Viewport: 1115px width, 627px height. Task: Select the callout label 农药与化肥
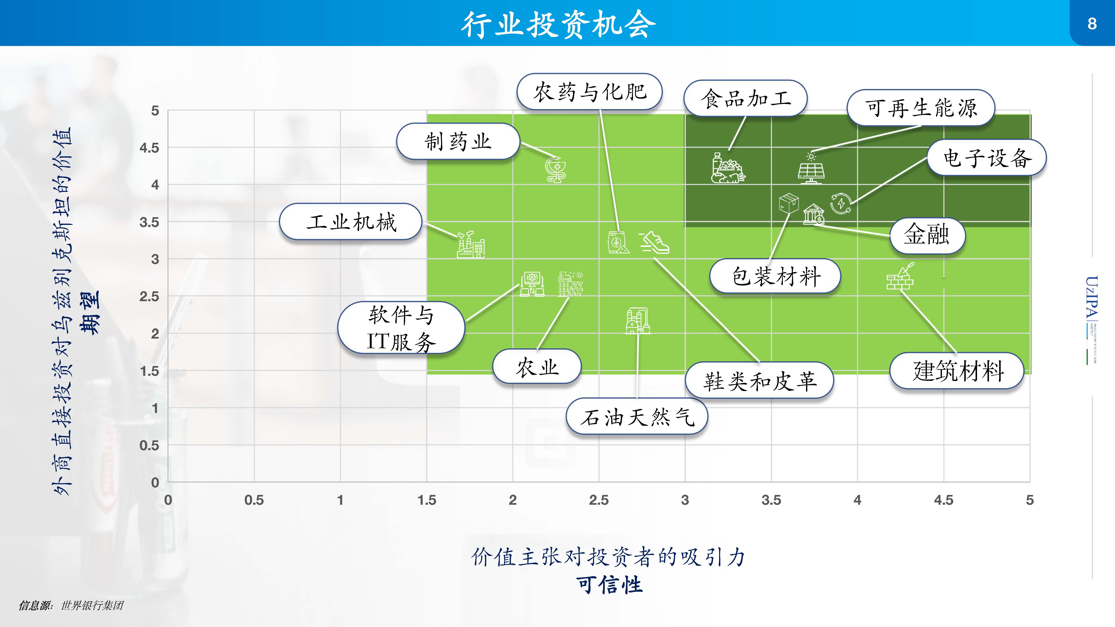click(x=589, y=92)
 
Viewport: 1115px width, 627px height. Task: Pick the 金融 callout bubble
click(x=927, y=235)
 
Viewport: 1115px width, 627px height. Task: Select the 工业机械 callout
click(x=351, y=222)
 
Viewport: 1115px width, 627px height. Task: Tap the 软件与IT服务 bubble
click(x=401, y=328)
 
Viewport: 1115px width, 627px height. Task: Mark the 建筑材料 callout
click(x=957, y=371)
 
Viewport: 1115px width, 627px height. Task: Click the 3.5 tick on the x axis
click(x=771, y=500)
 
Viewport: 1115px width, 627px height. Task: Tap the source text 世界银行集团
click(x=92, y=605)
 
